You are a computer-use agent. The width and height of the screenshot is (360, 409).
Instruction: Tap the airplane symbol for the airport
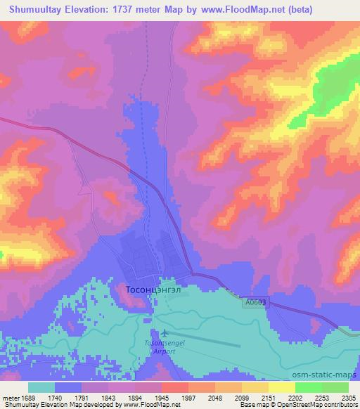(165, 333)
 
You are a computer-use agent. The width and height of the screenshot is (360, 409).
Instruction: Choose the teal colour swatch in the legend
(42, 387)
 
